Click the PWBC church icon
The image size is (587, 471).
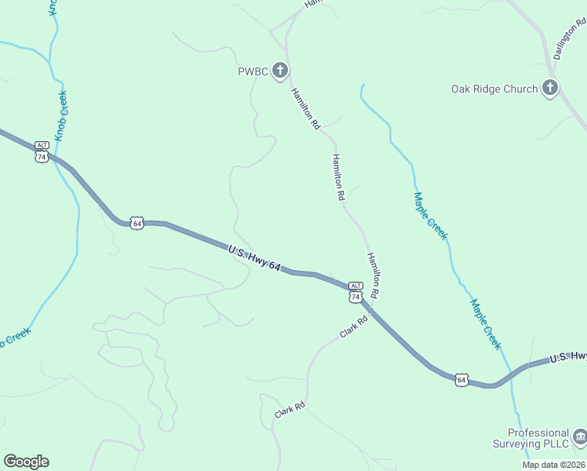point(280,72)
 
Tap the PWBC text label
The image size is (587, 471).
point(253,72)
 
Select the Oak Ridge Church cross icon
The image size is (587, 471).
point(550,88)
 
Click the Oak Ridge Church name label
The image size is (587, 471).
point(494,89)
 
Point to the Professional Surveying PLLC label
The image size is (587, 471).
point(538,438)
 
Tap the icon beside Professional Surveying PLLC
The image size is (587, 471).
point(579,436)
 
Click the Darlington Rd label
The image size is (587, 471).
point(569,40)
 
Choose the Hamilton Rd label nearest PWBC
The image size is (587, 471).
point(305,108)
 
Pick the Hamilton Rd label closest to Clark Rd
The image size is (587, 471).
point(374,275)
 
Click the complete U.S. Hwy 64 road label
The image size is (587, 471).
point(254,258)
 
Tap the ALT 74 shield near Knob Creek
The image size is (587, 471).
point(42,152)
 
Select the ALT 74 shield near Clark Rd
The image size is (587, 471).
point(355,292)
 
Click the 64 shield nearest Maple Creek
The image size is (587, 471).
point(461,380)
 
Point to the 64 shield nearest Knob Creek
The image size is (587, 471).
point(137,223)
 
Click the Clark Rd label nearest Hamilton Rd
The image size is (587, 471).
point(354,327)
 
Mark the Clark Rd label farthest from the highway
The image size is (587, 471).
point(289,409)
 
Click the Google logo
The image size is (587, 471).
point(26,462)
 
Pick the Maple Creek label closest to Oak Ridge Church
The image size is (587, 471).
point(431,215)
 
